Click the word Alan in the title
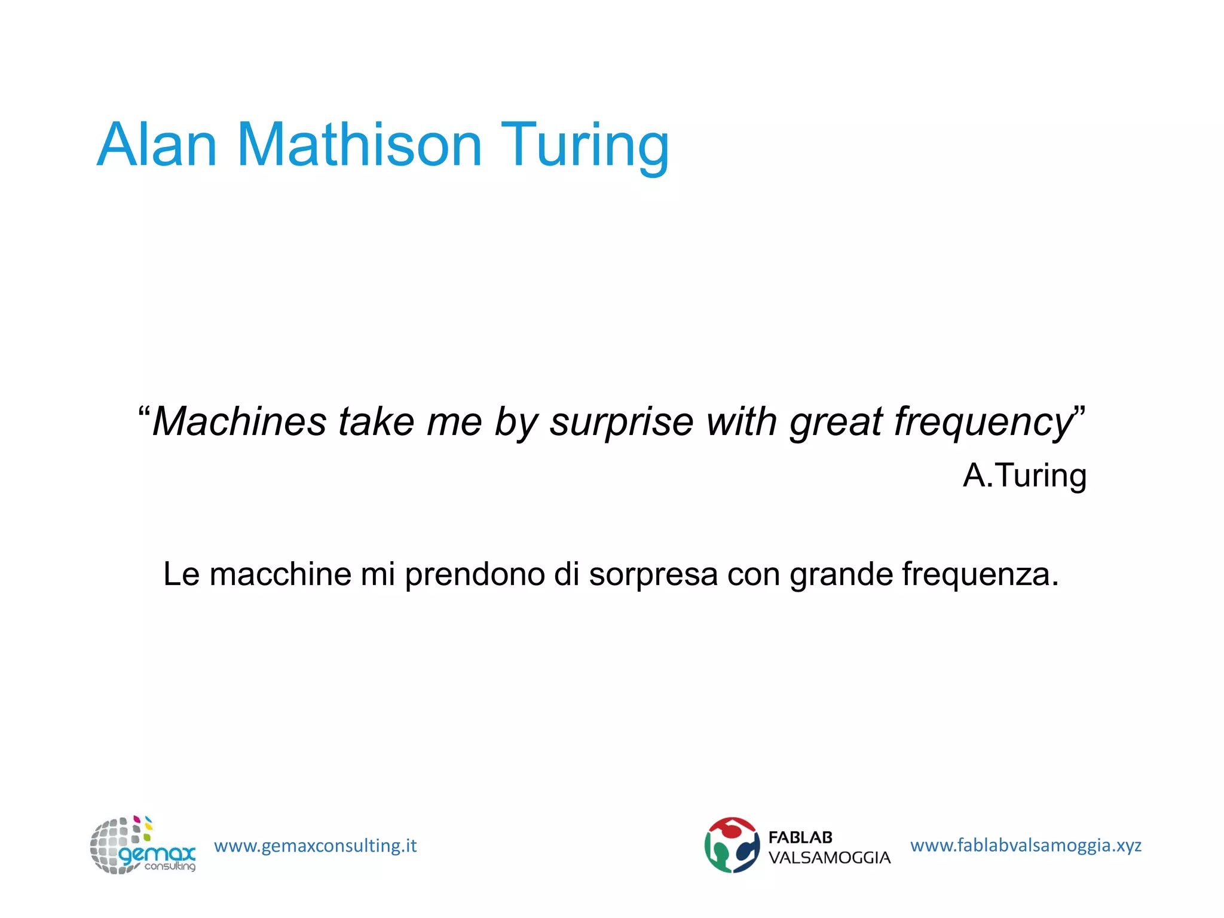[157, 145]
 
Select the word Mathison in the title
[359, 145]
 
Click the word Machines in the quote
[240, 421]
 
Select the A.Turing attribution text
[1024, 476]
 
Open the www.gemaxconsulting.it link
[316, 846]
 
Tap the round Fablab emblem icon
[732, 845]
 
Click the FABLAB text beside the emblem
[800, 837]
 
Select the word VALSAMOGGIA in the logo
[830, 858]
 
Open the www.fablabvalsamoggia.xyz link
[1026, 845]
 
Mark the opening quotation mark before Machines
[144, 412]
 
